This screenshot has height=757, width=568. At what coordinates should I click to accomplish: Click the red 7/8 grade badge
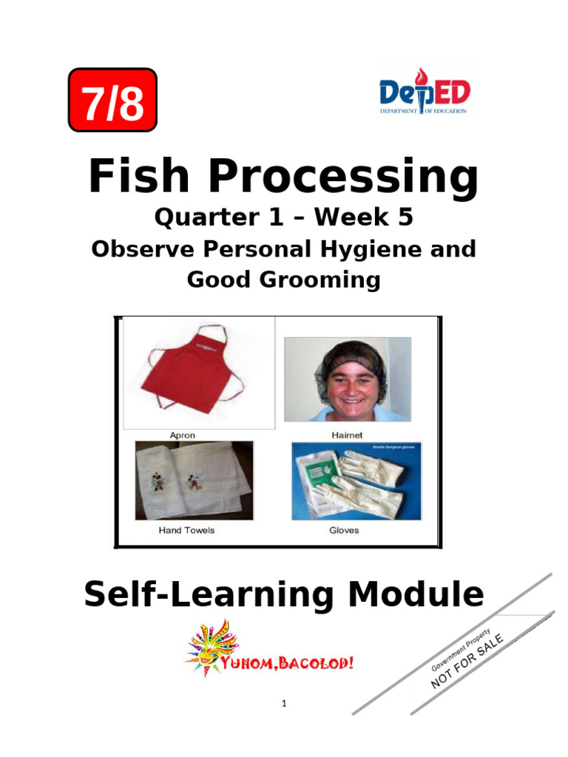(x=112, y=101)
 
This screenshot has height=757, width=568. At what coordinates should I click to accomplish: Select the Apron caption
(x=183, y=435)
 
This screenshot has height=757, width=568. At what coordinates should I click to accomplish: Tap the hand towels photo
(x=194, y=481)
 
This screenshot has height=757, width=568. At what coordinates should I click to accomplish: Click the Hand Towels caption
(x=186, y=531)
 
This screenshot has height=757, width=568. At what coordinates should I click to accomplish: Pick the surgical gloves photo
(x=356, y=481)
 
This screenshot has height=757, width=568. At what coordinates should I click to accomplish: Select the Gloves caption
(x=344, y=531)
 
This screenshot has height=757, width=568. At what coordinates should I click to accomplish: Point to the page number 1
(x=283, y=704)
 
